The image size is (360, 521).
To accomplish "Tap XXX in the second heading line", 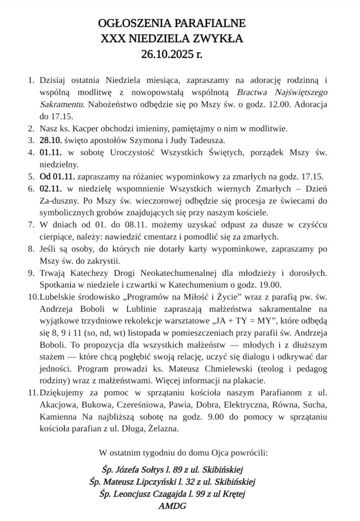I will pos(115,38).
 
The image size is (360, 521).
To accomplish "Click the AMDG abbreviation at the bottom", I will pos(172,506).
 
